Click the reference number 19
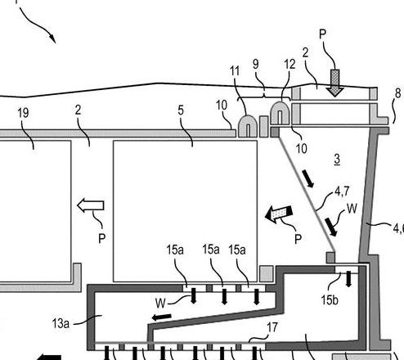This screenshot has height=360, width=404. (x=23, y=113)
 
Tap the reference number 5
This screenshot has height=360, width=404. (x=181, y=110)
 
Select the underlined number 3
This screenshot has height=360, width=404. (x=337, y=159)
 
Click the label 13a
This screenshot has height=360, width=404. (x=61, y=323)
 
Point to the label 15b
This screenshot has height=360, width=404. (x=330, y=300)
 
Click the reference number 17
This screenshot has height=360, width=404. (x=272, y=327)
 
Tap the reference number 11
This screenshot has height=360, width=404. (x=235, y=71)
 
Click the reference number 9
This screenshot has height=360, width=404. (x=256, y=64)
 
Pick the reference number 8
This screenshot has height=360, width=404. (x=397, y=93)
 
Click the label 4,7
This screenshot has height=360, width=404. (x=342, y=191)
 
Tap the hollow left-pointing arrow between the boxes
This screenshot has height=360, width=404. (x=91, y=205)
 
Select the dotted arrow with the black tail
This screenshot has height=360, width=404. (x=279, y=214)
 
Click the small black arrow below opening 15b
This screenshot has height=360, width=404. (x=348, y=279)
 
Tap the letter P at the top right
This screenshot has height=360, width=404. (x=322, y=34)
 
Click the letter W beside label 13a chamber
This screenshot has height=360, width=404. (x=160, y=303)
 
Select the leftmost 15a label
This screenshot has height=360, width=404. (x=175, y=250)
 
